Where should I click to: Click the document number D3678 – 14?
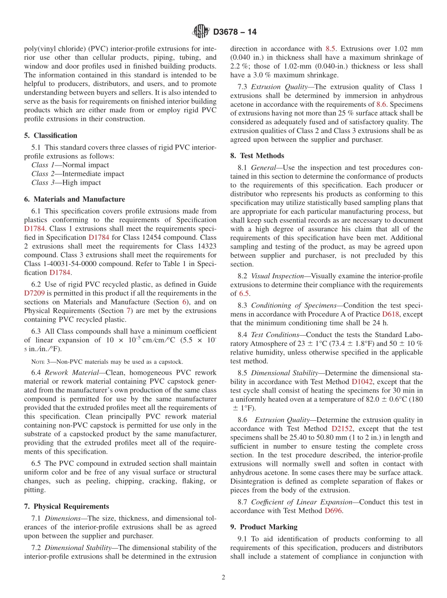[235, 32]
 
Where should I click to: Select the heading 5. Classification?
[51, 135]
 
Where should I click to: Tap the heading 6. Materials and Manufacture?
[74, 199]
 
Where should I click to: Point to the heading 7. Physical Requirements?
[66, 506]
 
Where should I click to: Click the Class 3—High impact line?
[66, 182]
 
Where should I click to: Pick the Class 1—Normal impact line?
[70, 165]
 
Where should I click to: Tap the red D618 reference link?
[391, 314]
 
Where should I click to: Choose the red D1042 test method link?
[362, 382]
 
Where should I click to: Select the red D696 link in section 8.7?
[334, 511]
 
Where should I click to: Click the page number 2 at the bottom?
[223, 577]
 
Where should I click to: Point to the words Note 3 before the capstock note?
[40, 362]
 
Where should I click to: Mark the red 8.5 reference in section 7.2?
[330, 49]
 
